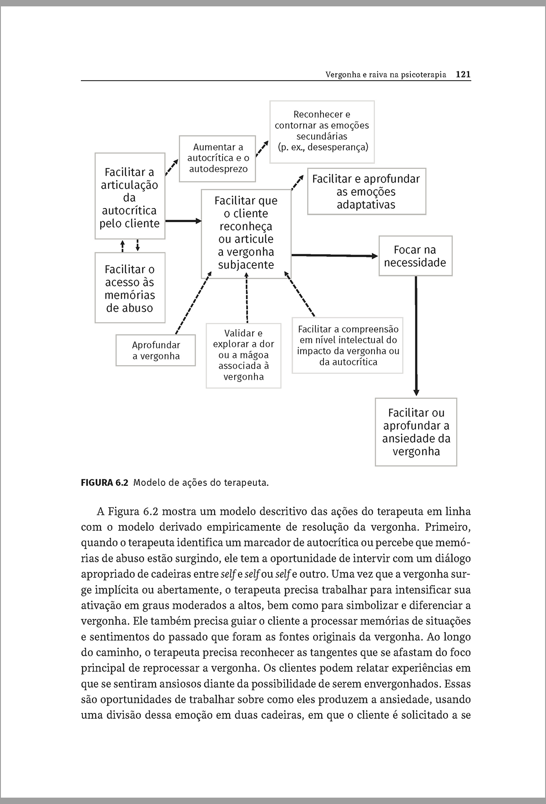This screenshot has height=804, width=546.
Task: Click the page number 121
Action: (x=463, y=75)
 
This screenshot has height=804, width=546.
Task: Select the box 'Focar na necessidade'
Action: (x=415, y=256)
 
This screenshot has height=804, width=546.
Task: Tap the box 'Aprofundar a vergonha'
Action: (x=156, y=351)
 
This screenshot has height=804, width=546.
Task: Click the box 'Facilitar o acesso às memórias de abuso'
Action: (x=130, y=288)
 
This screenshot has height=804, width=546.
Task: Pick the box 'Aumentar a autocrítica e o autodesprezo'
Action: (x=217, y=158)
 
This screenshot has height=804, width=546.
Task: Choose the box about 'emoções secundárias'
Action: (x=322, y=132)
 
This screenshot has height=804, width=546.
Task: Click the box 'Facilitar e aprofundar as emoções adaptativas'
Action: (x=366, y=192)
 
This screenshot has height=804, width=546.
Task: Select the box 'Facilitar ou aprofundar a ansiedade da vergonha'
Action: (x=416, y=432)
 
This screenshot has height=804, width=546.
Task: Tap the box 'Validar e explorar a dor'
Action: (x=243, y=355)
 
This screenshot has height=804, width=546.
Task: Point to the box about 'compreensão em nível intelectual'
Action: (x=348, y=346)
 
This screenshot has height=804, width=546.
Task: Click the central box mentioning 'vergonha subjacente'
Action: (x=246, y=233)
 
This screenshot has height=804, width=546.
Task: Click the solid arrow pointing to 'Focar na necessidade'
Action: (x=334, y=255)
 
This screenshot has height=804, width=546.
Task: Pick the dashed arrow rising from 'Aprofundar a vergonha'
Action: (x=193, y=303)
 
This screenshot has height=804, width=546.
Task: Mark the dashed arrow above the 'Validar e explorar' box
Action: (x=247, y=298)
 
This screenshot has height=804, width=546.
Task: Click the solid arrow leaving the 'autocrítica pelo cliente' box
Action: (x=183, y=221)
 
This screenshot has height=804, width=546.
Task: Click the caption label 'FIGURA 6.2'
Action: (x=105, y=483)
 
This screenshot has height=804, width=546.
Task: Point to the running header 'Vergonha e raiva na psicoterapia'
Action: (x=386, y=75)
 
